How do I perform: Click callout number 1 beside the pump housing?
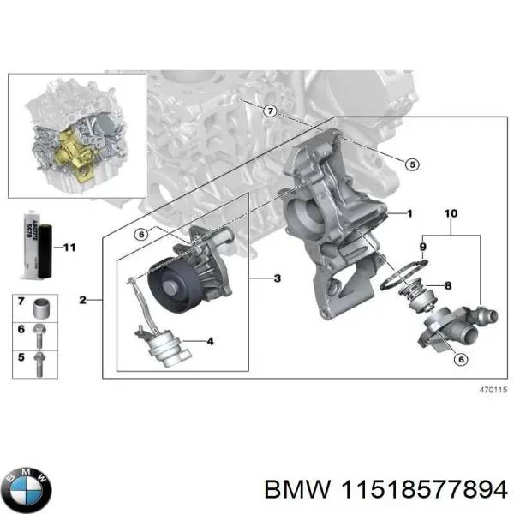coord(409,212)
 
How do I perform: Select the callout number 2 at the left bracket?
coord(82,300)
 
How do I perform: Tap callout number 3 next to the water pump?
coord(276,279)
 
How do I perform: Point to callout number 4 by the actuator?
coord(209,342)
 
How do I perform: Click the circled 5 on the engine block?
coord(411,164)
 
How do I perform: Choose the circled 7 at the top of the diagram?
coord(268,111)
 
